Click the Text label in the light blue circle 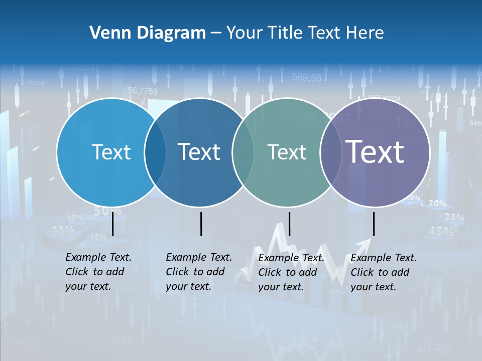pyautogui.click(x=111, y=152)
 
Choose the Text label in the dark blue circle pyautogui.click(x=199, y=152)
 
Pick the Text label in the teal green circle pyautogui.click(x=287, y=152)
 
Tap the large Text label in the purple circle pyautogui.click(x=375, y=151)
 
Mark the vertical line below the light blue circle pyautogui.click(x=112, y=224)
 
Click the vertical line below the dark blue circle pyautogui.click(x=201, y=224)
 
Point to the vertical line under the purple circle pyautogui.click(x=374, y=224)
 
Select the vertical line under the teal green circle pyautogui.click(x=289, y=224)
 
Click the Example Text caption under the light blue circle pyautogui.click(x=98, y=272)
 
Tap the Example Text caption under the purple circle pyautogui.click(x=384, y=272)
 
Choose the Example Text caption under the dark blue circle pyautogui.click(x=199, y=272)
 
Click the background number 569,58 pyautogui.click(x=306, y=78)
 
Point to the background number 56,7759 pyautogui.click(x=143, y=91)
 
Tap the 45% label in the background pyautogui.click(x=441, y=232)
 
